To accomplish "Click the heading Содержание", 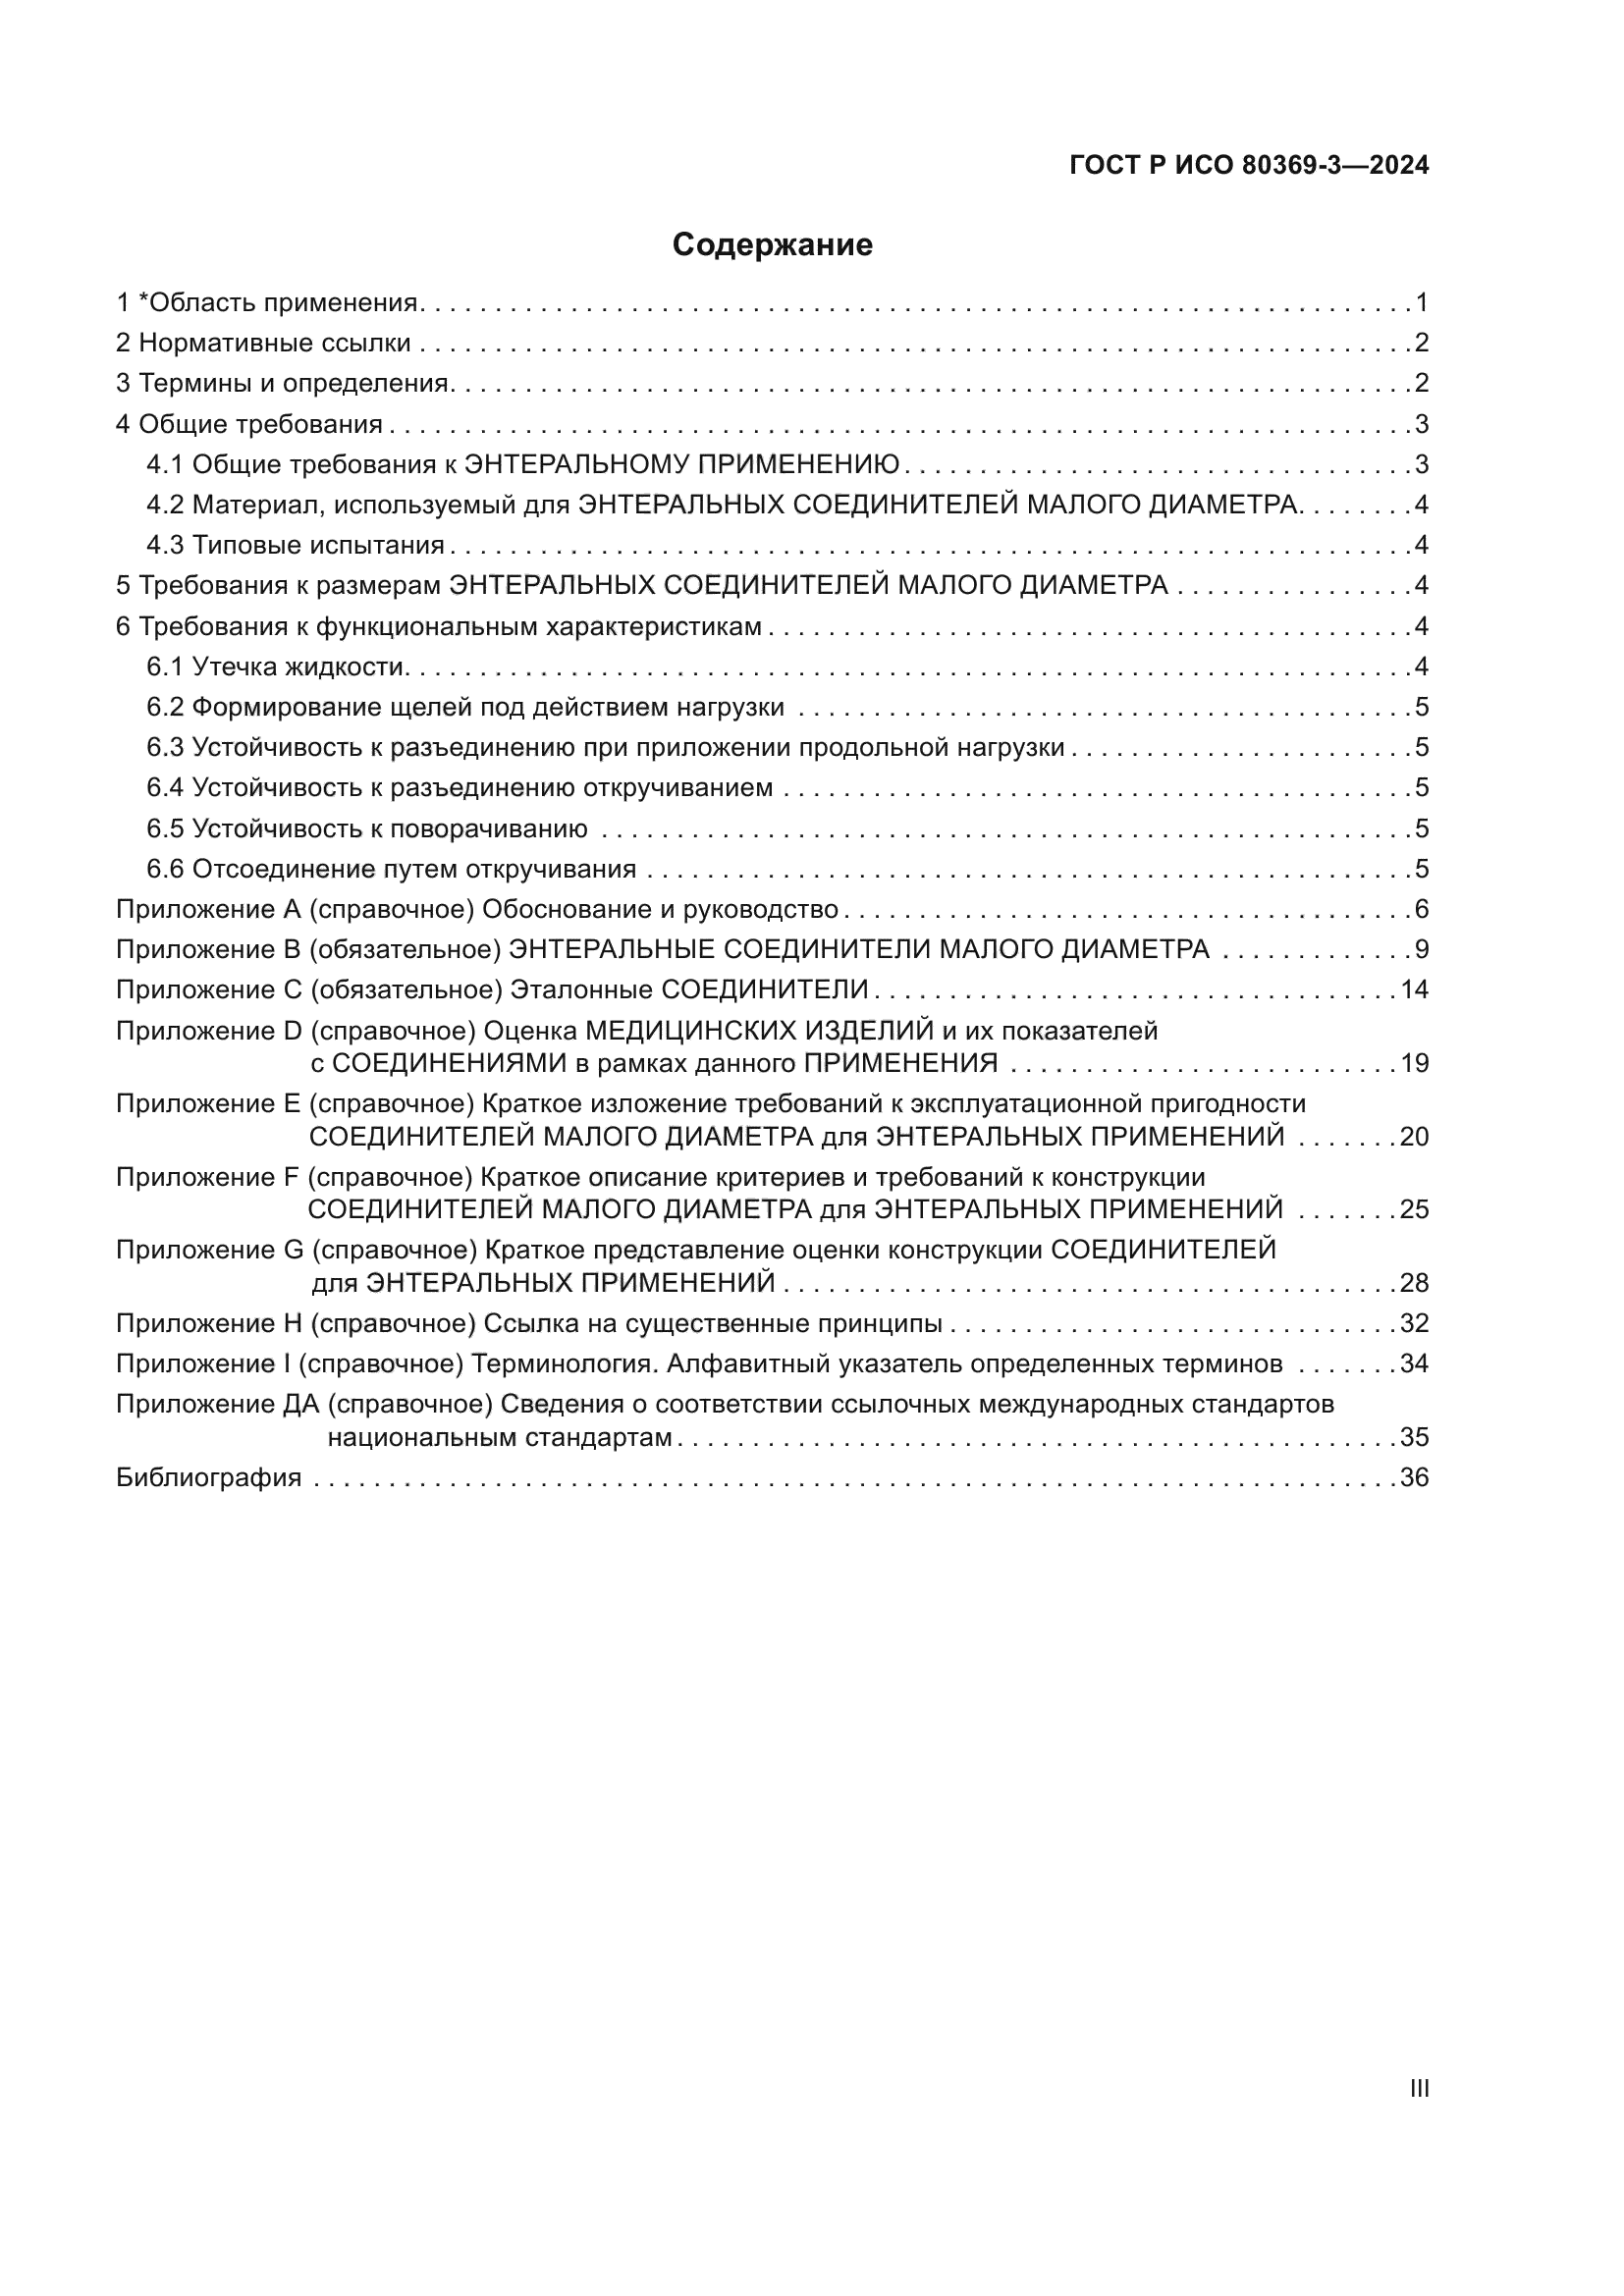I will point(772,245).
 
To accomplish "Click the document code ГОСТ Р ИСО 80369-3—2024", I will point(1249,166).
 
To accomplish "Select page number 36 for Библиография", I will point(1414,1478).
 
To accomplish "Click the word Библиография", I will point(209,1478).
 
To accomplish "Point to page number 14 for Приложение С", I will point(1414,990).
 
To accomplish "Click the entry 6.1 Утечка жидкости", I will point(275,667).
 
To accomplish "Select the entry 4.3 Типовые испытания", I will point(296,546).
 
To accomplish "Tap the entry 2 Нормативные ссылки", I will point(263,344).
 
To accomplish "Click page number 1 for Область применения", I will point(1422,303).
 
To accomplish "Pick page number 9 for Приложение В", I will point(1422,950).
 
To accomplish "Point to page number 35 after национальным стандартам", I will point(1414,1438).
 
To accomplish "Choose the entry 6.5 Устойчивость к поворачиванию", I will point(367,829).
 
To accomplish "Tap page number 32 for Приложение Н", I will point(1414,1324).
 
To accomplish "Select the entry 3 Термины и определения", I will point(284,384).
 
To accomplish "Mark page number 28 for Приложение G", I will point(1414,1283).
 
